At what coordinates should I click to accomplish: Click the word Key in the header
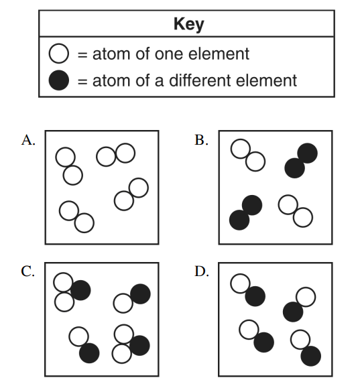pyautogui.click(x=189, y=24)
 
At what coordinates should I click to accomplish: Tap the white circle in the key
pyautogui.click(x=59, y=53)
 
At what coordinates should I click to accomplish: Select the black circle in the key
pyautogui.click(x=59, y=80)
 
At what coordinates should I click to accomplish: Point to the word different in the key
pyautogui.click(x=200, y=80)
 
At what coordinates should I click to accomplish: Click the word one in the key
pyautogui.click(x=169, y=54)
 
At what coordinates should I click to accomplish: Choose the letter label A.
pyautogui.click(x=28, y=140)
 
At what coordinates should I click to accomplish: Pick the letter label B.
pyautogui.click(x=201, y=140)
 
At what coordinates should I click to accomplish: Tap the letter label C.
pyautogui.click(x=27, y=271)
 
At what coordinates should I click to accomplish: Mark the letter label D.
pyautogui.click(x=202, y=271)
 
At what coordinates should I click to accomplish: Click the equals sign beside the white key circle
pyautogui.click(x=82, y=54)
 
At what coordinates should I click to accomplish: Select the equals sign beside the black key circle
pyautogui.click(x=82, y=81)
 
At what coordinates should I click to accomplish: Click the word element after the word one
pyautogui.click(x=219, y=54)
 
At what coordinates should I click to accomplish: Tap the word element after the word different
pyautogui.click(x=266, y=80)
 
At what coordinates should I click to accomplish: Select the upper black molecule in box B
pyautogui.click(x=301, y=161)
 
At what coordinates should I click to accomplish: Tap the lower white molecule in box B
pyautogui.click(x=296, y=211)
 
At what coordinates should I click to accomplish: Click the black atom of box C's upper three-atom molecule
pyautogui.click(x=80, y=290)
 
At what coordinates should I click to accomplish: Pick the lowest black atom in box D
pyautogui.click(x=311, y=356)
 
